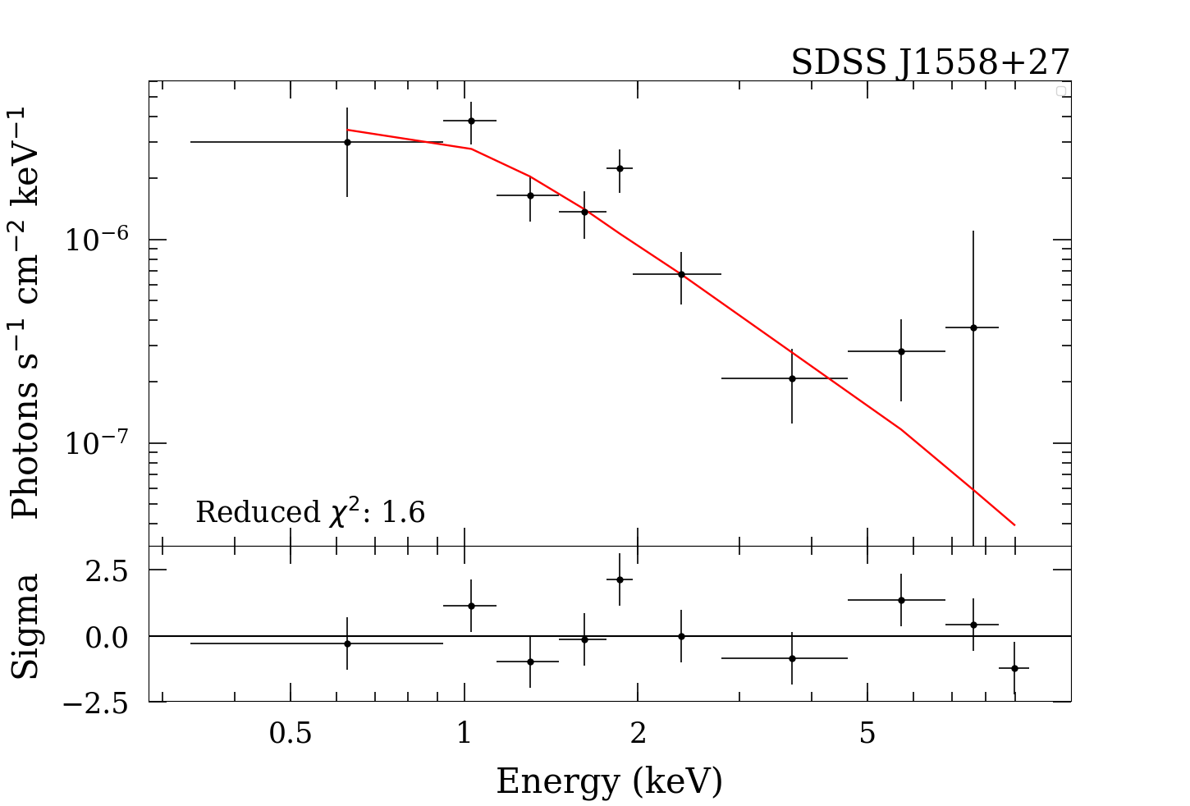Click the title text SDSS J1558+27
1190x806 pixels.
point(930,62)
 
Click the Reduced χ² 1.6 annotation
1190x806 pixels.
point(310,512)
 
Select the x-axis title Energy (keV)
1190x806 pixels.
point(609,781)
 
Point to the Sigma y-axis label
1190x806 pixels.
point(26,626)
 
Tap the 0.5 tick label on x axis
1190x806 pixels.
point(291,733)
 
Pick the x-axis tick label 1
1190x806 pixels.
point(465,733)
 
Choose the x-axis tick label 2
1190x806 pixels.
point(638,733)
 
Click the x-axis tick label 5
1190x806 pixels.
point(867,733)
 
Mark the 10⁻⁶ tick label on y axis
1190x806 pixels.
point(97,240)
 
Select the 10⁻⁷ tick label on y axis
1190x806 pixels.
point(97,443)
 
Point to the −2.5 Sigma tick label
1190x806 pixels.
point(97,703)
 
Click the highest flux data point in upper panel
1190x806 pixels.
point(471,121)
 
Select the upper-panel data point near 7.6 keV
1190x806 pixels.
point(973,327)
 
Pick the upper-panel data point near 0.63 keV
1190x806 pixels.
point(347,142)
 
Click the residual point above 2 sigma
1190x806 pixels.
point(620,579)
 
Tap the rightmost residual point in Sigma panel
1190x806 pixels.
point(1014,668)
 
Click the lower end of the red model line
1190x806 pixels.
point(1014,524)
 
